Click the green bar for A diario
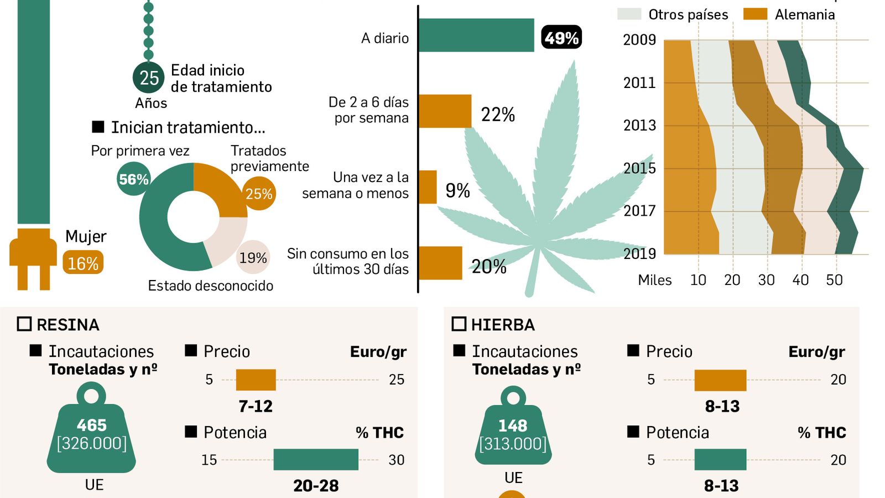[x=476, y=35]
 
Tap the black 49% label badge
[x=561, y=38]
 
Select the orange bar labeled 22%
[x=445, y=111]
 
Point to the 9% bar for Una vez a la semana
[x=428, y=187]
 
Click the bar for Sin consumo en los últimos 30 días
[x=440, y=263]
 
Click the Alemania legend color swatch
[x=755, y=14]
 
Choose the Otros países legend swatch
[x=629, y=14]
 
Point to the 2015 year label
[x=639, y=168]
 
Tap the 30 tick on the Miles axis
[x=766, y=280]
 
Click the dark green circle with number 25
[x=149, y=77]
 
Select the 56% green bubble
[x=134, y=179]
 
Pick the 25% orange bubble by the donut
[x=259, y=194]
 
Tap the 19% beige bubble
[x=253, y=257]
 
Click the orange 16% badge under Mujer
[x=83, y=263]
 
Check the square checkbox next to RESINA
[x=24, y=324]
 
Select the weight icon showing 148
[x=513, y=432]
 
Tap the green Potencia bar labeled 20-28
[x=316, y=459]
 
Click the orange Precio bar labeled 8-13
[x=720, y=380]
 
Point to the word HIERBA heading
[x=503, y=325]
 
